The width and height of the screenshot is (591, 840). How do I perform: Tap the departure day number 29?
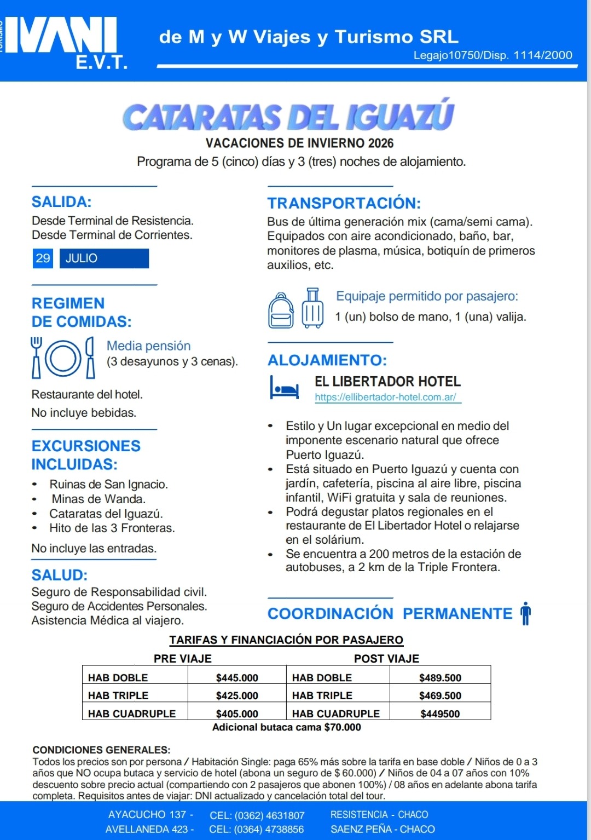pos(43,258)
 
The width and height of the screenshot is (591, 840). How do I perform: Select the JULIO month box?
pos(104,258)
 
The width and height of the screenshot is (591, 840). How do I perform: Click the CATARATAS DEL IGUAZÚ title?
pos(288,116)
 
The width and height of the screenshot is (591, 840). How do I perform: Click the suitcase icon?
pos(312,308)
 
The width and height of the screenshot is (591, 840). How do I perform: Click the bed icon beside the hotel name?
pos(285,388)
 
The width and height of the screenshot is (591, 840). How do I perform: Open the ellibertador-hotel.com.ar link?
pos(386,398)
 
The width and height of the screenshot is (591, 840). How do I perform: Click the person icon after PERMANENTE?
pos(525,613)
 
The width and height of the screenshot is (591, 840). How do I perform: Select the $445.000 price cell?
pos(237,678)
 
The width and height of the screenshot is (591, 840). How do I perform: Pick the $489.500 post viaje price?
pos(440,678)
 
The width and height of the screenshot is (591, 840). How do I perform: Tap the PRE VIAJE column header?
pos(182,659)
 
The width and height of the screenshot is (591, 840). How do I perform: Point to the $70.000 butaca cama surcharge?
pos(343,728)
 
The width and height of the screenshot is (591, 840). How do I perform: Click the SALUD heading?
pos(60,575)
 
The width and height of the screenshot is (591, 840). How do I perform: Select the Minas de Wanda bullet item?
pos(99,499)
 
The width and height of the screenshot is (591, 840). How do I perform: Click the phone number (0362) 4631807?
pos(257,815)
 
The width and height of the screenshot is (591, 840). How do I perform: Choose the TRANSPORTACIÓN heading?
pos(344,203)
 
